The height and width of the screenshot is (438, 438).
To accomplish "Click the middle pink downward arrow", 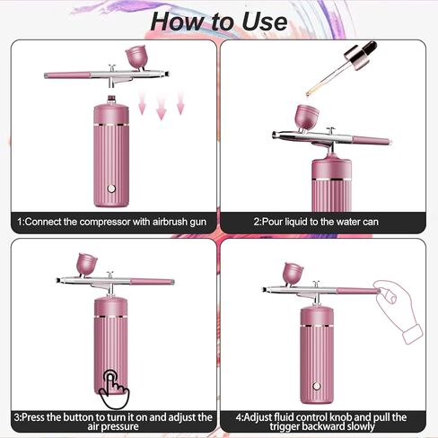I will click(161, 108).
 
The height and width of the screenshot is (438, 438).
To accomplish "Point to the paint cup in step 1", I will click(137, 57).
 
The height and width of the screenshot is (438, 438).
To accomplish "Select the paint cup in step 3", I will click(88, 263).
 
